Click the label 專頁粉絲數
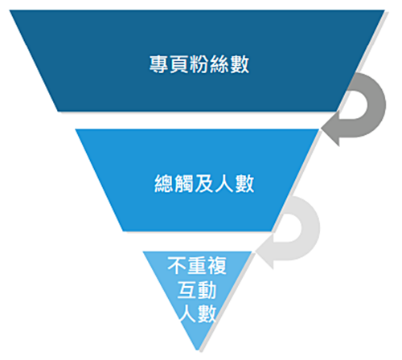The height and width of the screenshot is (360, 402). [x=199, y=64]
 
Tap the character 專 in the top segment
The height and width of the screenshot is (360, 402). [x=159, y=64]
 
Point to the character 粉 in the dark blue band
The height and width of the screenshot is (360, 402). [x=199, y=64]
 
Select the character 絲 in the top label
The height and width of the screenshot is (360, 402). [x=219, y=64]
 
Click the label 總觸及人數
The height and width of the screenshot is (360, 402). [x=204, y=183]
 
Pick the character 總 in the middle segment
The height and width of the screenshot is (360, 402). [x=164, y=183]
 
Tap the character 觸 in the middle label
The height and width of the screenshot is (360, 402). [x=184, y=183]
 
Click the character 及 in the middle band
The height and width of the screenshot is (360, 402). [x=204, y=183]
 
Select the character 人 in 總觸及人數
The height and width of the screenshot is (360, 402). [x=224, y=183]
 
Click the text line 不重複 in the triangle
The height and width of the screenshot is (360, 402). [x=197, y=265]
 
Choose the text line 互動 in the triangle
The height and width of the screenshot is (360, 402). [x=197, y=290]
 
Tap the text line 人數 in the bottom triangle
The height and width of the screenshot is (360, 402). [x=198, y=313]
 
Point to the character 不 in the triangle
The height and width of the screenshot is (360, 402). [x=177, y=265]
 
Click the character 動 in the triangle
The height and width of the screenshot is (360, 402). [x=207, y=290]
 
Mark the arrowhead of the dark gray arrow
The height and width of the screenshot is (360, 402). [x=331, y=129]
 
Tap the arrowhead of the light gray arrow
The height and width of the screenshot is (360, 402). [x=265, y=252]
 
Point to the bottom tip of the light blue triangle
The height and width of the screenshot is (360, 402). [x=198, y=350]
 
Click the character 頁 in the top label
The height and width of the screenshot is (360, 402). [x=179, y=64]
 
